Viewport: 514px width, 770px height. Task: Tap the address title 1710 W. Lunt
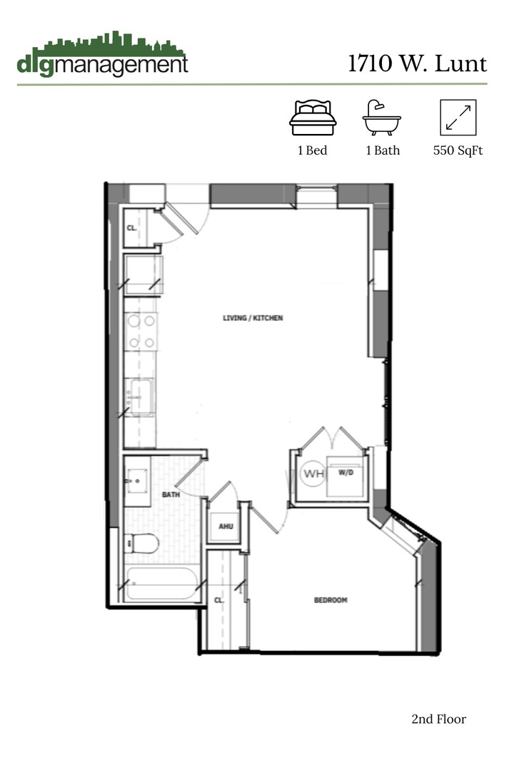(x=418, y=64)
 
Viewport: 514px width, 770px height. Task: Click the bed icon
(x=313, y=118)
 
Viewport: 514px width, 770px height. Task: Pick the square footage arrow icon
(x=458, y=118)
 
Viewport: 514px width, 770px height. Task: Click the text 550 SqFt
(x=458, y=150)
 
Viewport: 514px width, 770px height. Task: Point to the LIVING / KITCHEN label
(x=253, y=318)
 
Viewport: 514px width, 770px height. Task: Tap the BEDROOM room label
(x=331, y=600)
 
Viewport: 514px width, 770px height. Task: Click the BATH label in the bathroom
(x=170, y=494)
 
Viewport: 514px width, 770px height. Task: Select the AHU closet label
(x=226, y=527)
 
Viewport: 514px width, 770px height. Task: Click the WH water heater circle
(x=313, y=473)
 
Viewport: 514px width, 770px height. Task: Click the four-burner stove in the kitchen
(x=141, y=332)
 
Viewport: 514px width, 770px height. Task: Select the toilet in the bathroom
(x=141, y=544)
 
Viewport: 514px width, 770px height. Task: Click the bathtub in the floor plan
(x=161, y=585)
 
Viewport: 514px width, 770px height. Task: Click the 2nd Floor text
(x=438, y=719)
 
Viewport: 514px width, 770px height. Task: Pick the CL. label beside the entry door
(x=131, y=229)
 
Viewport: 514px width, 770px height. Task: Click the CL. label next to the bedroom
(x=220, y=600)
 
